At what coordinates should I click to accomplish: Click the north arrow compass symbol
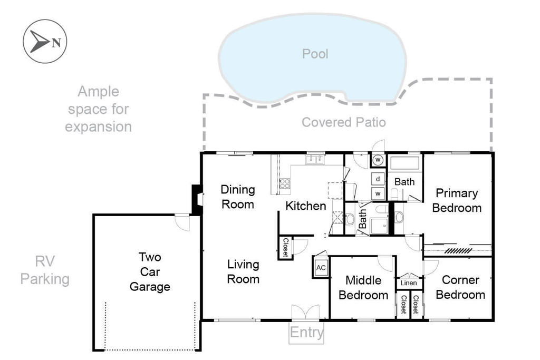45,41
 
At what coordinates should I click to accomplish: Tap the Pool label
315,54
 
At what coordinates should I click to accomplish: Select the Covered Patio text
343,122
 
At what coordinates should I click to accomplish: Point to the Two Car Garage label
150,272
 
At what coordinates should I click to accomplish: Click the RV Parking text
45,270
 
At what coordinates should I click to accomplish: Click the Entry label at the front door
306,333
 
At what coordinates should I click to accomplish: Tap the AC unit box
321,267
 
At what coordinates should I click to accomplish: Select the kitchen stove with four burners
284,184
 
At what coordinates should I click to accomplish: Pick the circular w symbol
378,160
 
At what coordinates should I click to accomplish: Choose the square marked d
378,179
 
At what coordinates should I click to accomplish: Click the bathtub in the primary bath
404,162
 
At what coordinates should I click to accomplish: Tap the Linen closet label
409,283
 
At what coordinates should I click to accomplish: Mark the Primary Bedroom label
457,200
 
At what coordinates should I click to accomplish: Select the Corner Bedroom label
460,287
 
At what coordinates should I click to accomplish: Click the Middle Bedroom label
363,287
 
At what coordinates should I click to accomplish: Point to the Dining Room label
237,196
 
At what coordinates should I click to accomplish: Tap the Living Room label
243,271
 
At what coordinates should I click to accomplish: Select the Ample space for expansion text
99,109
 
